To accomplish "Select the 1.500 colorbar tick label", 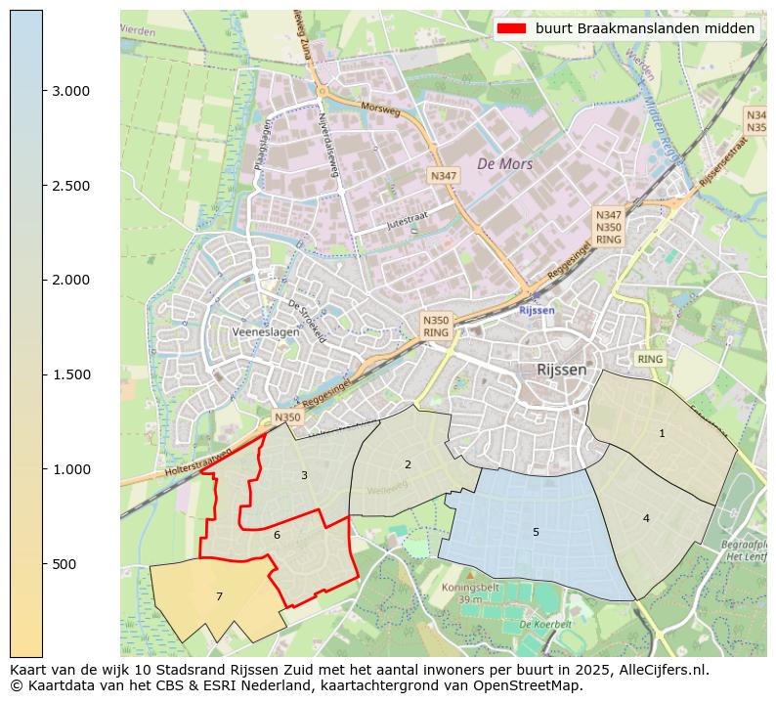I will click(x=70, y=374).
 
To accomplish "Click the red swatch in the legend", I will click(x=511, y=28).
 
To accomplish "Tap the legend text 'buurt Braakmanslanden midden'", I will click(x=645, y=28).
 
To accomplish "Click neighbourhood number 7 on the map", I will click(x=219, y=596).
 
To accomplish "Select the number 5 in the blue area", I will click(x=536, y=532).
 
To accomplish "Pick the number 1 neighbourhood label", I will click(x=662, y=433).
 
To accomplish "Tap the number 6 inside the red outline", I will click(x=277, y=535).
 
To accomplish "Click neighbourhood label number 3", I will click(x=304, y=475).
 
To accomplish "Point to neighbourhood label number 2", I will click(x=408, y=464).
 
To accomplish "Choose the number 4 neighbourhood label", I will click(x=646, y=518).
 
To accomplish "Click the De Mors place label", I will click(x=504, y=164).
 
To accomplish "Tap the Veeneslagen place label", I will click(x=266, y=332).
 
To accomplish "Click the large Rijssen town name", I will click(x=562, y=370).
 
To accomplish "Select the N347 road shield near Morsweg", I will click(x=443, y=176).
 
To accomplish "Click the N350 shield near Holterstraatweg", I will click(x=287, y=417).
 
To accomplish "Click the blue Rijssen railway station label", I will click(x=538, y=310).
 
